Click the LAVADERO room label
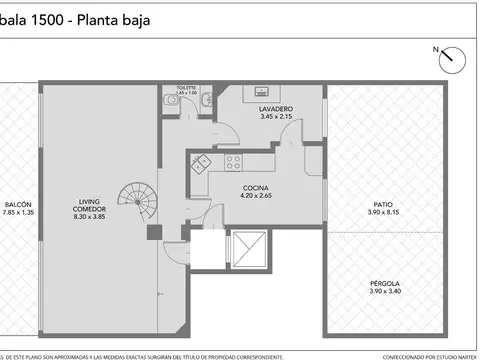tap(274, 107)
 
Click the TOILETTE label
tap(186, 87)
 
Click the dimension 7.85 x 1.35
tap(18, 212)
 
